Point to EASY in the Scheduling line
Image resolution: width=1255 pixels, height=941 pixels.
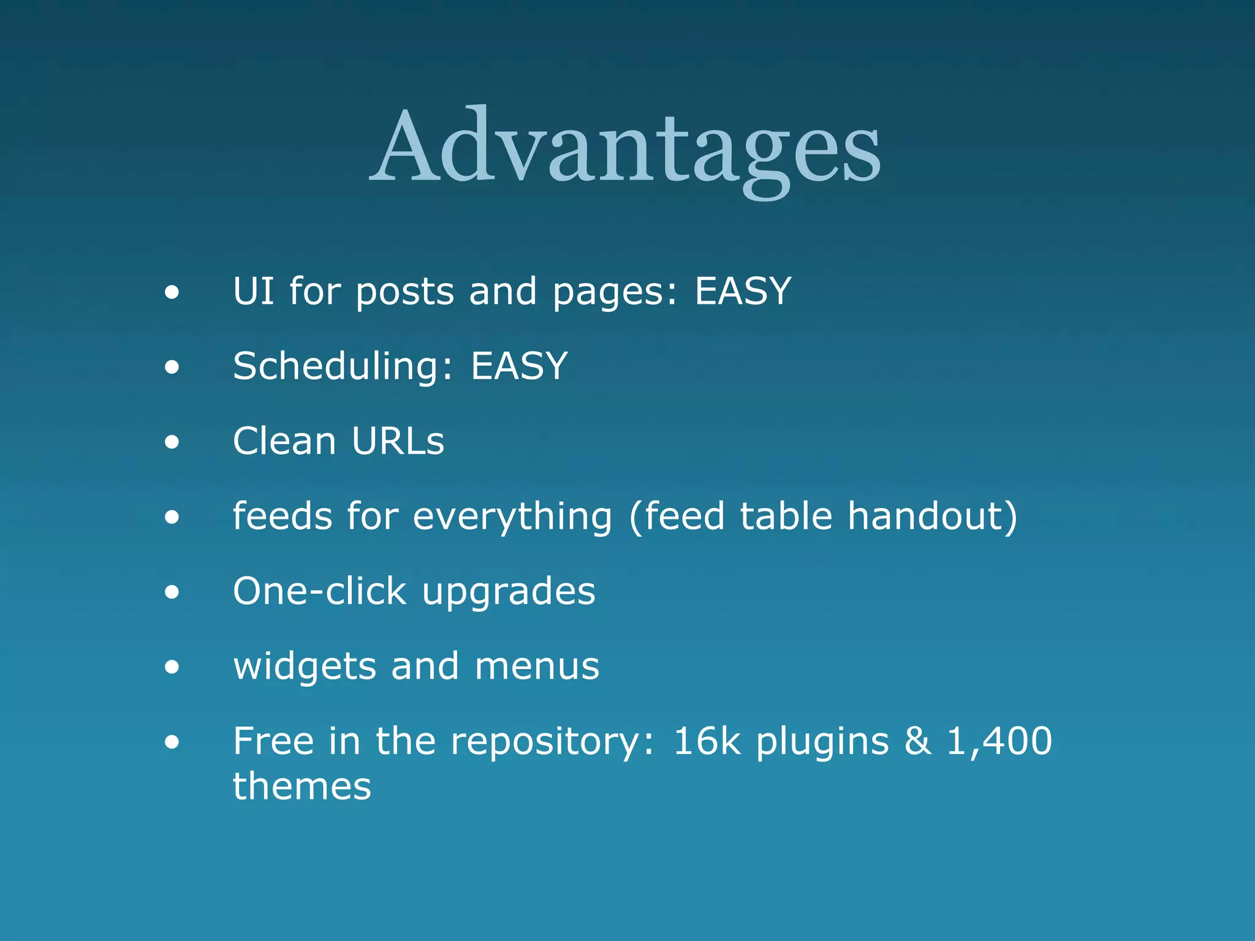[519, 366]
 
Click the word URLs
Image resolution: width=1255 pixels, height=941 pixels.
[398, 440]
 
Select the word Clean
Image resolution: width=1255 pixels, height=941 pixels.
[285, 440]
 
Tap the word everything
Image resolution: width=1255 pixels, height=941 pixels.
[512, 516]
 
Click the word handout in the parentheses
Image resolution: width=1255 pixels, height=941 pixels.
[931, 516]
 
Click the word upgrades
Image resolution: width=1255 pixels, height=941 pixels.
[509, 592]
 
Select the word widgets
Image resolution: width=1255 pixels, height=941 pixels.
[305, 667]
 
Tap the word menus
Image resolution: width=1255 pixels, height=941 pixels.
[537, 667]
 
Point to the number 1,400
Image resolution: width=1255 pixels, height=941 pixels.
[999, 741]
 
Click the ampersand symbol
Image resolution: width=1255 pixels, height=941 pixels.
[917, 741]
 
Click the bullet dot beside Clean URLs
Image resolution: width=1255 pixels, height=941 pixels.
[172, 442]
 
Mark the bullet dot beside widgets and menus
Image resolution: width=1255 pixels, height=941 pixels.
[172, 667]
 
